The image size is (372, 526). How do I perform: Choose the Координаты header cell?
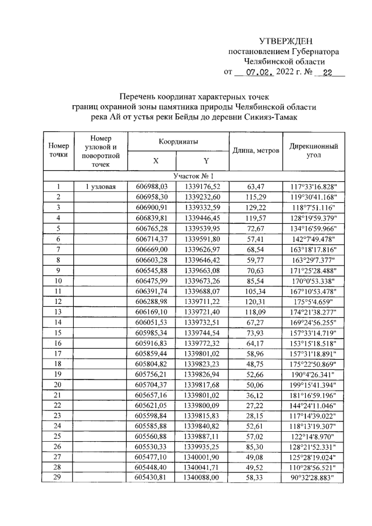pyautogui.click(x=178, y=142)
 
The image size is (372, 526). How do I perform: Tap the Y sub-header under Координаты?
pyautogui.click(x=206, y=161)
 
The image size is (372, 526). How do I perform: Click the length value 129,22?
pyautogui.click(x=256, y=207)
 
